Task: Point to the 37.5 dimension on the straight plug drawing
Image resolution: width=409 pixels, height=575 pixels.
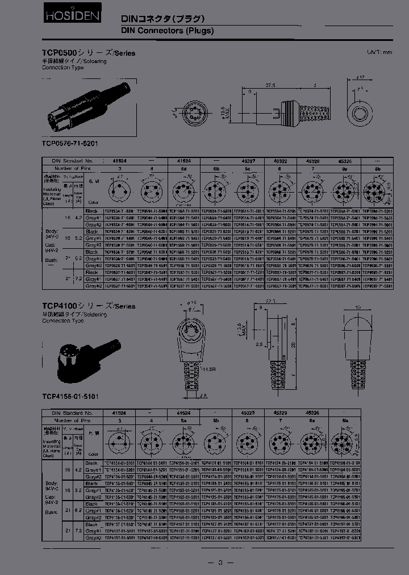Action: tap(270, 85)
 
